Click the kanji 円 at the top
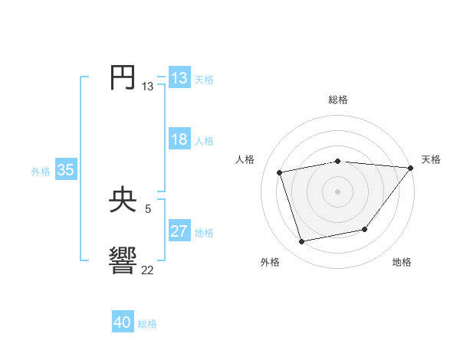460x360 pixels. click(123, 78)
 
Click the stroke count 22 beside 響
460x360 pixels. click(147, 270)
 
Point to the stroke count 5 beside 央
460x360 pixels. click(148, 208)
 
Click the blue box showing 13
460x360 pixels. click(179, 78)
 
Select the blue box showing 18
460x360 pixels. click(179, 140)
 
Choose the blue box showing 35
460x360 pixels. click(66, 171)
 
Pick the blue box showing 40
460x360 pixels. click(123, 323)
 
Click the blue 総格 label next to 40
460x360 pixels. click(147, 324)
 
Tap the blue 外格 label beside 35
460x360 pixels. click(41, 172)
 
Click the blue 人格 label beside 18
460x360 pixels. click(204, 141)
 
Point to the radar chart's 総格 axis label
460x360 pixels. click(337, 100)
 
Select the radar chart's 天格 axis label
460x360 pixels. click(431, 159)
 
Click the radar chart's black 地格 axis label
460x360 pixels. click(402, 263)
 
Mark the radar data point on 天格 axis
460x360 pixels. click(410, 168)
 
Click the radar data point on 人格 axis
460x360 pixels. click(280, 172)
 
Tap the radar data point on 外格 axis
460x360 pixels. click(302, 241)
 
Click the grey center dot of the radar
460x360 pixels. click(337, 191)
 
